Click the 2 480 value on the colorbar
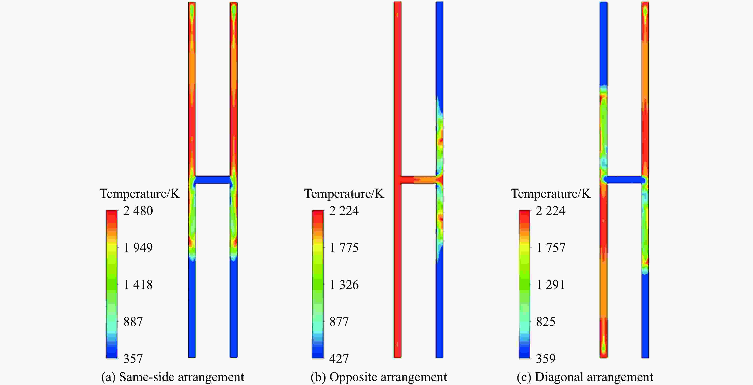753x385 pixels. (138, 211)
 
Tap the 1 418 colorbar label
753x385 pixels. (138, 285)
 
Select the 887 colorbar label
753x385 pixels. (133, 322)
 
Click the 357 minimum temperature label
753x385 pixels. (133, 359)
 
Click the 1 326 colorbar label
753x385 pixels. (344, 285)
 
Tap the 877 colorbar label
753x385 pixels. (339, 322)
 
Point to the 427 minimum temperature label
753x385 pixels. (339, 359)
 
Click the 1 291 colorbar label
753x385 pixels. (550, 285)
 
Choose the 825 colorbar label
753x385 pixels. (545, 322)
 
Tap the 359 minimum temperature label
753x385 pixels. (545, 359)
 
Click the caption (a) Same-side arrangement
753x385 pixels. (173, 377)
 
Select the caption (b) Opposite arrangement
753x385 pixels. (378, 377)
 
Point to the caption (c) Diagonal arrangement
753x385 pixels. (585, 377)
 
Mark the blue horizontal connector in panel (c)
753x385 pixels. (624, 179)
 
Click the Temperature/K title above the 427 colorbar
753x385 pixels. (344, 194)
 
